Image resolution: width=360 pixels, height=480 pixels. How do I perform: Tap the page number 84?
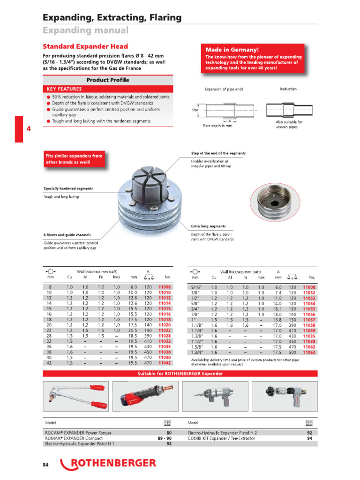45,465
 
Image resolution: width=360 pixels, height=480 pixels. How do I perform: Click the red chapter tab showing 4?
19,129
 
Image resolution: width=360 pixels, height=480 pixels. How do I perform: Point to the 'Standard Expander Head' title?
85,46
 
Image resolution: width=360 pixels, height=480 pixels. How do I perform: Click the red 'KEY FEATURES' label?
64,89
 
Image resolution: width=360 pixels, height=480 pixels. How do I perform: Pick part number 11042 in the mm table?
165,363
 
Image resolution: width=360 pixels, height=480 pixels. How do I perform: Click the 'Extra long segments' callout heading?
208,226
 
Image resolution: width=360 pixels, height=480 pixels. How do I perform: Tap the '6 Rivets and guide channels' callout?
67,235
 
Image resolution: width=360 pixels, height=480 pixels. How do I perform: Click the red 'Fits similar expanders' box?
74,159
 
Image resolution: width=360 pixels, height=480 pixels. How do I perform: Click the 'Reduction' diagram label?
288,89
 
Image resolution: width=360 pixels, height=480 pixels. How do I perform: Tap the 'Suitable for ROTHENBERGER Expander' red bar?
180,374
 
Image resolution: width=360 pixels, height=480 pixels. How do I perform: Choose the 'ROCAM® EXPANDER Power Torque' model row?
78,433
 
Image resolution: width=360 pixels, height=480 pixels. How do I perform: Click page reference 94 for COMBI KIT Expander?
309,438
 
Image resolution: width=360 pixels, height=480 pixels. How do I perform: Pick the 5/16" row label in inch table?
195,286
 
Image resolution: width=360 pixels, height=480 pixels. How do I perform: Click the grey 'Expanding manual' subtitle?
85,30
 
